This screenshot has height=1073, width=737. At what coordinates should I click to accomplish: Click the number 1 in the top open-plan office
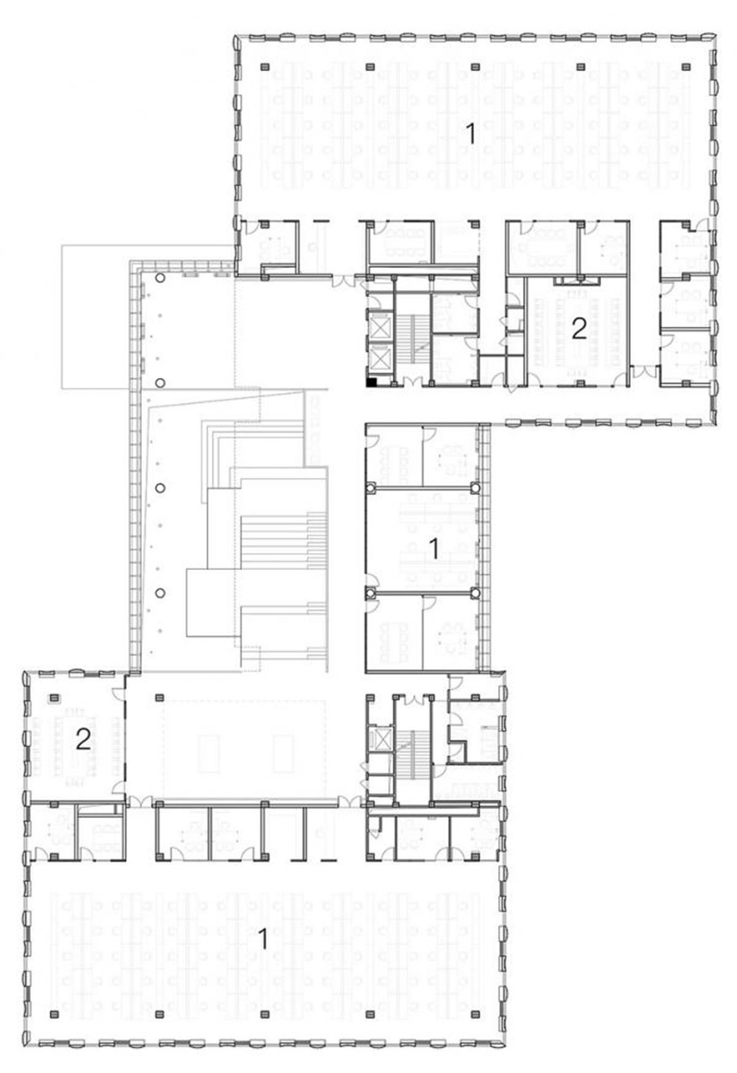click(x=470, y=133)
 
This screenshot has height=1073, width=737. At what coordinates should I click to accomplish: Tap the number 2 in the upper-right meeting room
click(x=579, y=329)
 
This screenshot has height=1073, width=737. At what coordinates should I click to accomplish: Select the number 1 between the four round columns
click(x=434, y=548)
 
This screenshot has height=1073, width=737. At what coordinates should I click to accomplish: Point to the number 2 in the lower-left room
click(x=83, y=740)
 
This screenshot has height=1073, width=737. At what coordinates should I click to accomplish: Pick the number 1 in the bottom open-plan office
click(x=263, y=939)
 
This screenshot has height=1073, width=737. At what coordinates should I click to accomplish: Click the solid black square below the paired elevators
click(x=371, y=382)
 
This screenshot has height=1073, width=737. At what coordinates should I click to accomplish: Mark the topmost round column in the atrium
click(x=160, y=278)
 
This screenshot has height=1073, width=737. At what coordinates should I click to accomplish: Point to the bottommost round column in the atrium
click(x=160, y=593)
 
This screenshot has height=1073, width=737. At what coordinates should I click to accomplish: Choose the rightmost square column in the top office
click(x=686, y=66)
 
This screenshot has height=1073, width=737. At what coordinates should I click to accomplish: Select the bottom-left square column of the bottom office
click(x=54, y=1014)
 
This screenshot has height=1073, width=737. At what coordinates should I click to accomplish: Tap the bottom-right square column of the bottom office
click(x=476, y=1014)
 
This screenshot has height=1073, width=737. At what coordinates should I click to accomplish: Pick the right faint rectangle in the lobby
click(x=283, y=753)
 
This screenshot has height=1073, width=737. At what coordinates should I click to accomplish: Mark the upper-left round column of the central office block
click(x=370, y=488)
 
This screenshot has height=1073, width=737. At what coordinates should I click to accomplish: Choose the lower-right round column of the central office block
click(x=475, y=593)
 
